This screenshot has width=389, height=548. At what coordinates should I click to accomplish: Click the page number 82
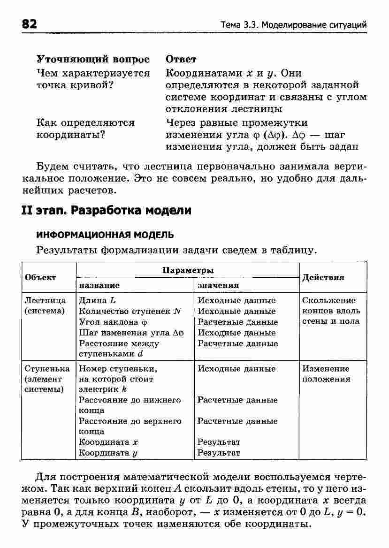point(29,24)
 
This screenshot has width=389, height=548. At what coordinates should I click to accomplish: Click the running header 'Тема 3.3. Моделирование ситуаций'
point(294,25)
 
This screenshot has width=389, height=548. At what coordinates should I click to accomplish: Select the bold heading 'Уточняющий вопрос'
point(93,60)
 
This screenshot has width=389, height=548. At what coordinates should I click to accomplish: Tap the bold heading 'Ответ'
point(181,60)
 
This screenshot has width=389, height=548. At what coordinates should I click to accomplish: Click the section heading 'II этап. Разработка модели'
point(107,210)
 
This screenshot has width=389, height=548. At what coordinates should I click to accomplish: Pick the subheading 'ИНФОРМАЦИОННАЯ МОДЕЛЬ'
point(105,234)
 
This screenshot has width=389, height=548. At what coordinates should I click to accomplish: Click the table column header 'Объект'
point(40,277)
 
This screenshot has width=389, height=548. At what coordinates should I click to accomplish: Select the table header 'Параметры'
point(188,270)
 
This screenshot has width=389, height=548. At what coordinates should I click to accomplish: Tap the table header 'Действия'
point(323,277)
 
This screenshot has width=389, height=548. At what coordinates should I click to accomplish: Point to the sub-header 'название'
point(99,285)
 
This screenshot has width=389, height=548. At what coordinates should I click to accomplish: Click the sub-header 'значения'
point(218,285)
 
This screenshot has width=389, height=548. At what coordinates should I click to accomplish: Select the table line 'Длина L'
point(97,300)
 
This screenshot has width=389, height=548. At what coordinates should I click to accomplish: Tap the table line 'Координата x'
point(108,442)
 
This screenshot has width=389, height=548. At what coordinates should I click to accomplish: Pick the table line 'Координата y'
point(108,453)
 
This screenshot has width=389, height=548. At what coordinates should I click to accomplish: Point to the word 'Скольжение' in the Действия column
point(329,300)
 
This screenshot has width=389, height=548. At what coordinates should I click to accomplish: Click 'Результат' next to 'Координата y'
point(219,453)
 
